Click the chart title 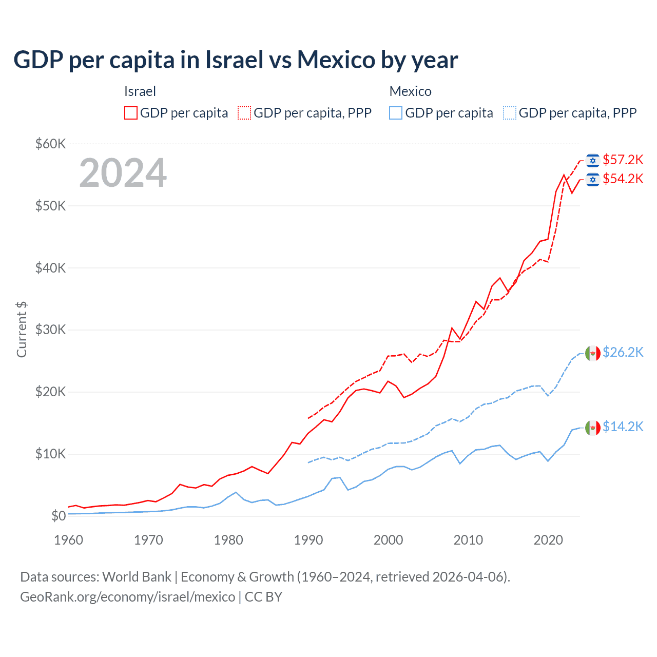pyautogui.click(x=236, y=60)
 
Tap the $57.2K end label pyautogui.click(x=623, y=160)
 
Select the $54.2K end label pyautogui.click(x=623, y=179)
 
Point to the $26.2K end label pyautogui.click(x=623, y=352)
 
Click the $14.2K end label pyautogui.click(x=623, y=427)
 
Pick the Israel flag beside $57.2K pyautogui.click(x=593, y=161)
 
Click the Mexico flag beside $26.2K pyautogui.click(x=593, y=353)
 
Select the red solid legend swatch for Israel pyautogui.click(x=131, y=113)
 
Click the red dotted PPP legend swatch pyautogui.click(x=245, y=113)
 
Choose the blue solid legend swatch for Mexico pyautogui.click(x=396, y=113)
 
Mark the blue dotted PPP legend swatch pyautogui.click(x=510, y=113)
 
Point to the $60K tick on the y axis pyautogui.click(x=50, y=144)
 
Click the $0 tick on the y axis pyautogui.click(x=59, y=516)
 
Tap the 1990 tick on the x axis pyautogui.click(x=308, y=540)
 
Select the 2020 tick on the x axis pyautogui.click(x=548, y=540)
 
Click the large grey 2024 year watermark pyautogui.click(x=123, y=173)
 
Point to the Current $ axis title pyautogui.click(x=22, y=329)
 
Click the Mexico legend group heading pyautogui.click(x=410, y=91)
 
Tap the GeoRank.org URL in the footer pyautogui.click(x=127, y=597)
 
